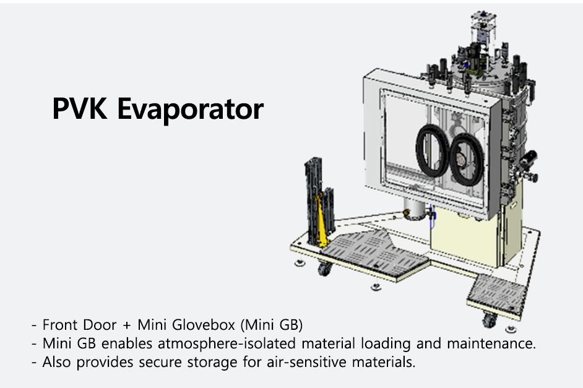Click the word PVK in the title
point(80,108)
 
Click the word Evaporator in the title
point(191,110)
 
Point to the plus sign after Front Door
point(127,325)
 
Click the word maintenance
point(491,343)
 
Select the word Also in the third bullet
point(56,361)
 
